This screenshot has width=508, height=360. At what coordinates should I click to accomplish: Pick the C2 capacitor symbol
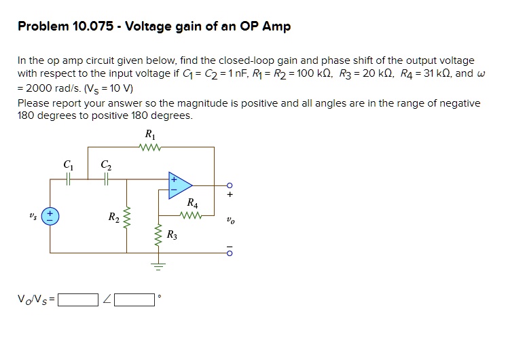(x=105, y=179)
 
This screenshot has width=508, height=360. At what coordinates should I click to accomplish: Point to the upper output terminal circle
(x=230, y=185)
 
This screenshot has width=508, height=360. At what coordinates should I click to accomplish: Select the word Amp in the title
(x=278, y=27)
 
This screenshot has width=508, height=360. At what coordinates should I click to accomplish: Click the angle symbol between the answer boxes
(x=107, y=300)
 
